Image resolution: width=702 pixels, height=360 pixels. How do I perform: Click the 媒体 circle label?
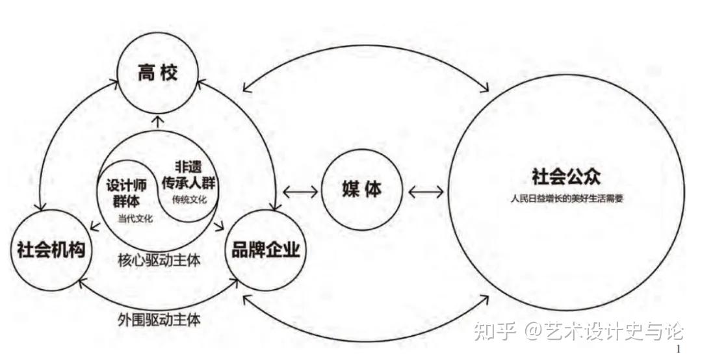362,189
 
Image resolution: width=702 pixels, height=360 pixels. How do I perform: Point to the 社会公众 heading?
565,177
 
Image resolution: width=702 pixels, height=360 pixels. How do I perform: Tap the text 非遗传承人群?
188,175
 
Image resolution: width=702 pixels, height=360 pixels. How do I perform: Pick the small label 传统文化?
189,199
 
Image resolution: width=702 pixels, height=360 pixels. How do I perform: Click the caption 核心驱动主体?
159,261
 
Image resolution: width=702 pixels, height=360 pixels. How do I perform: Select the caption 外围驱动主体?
159,320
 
